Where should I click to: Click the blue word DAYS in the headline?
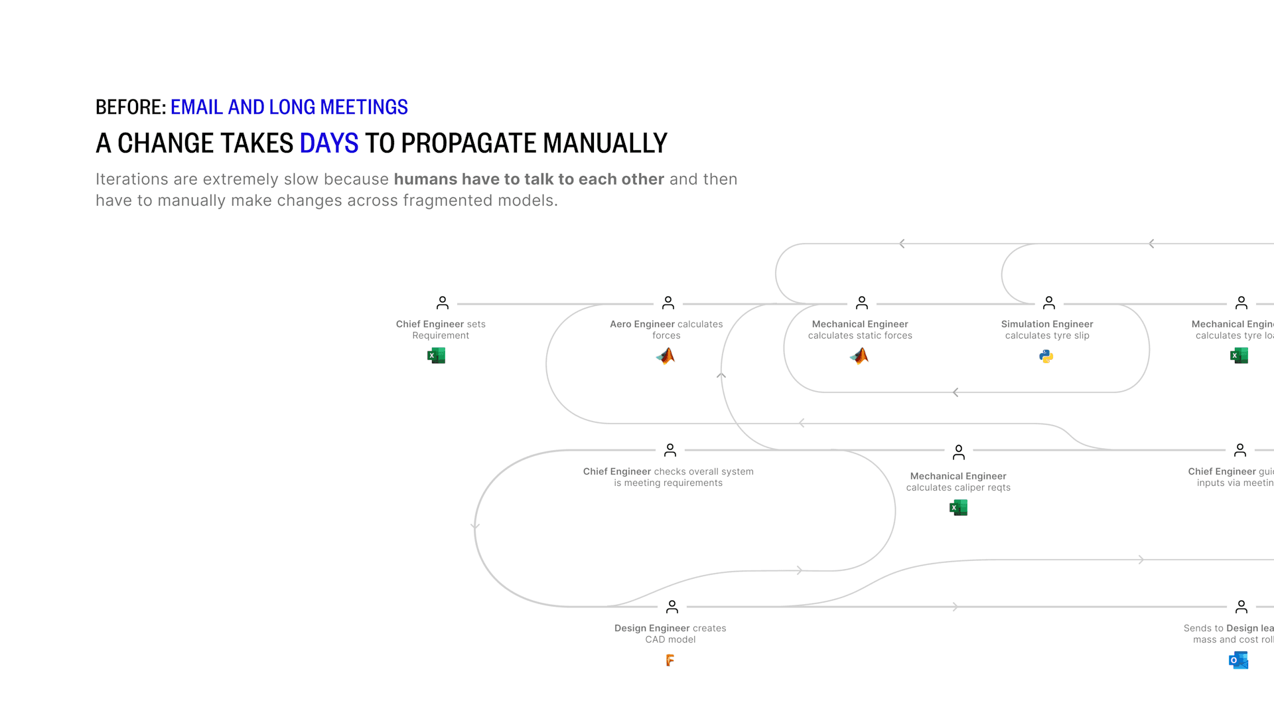[x=328, y=143]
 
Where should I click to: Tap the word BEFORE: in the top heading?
[x=131, y=107]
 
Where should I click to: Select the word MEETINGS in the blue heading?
[x=364, y=107]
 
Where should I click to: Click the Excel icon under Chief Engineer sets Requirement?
[x=436, y=356]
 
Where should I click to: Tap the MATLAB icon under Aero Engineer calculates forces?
[x=666, y=357]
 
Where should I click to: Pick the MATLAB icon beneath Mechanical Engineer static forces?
[x=859, y=357]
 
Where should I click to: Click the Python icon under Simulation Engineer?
[x=1046, y=357]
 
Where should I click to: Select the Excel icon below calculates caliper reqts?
[x=958, y=508]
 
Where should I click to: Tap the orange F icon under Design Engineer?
[x=670, y=660]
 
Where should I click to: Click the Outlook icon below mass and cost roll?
[x=1238, y=660]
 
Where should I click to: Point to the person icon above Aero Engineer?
[x=668, y=303]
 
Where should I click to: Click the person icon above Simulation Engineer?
[x=1049, y=303]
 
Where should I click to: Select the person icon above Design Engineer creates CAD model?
[x=672, y=607]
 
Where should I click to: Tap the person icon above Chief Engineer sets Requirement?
[x=443, y=303]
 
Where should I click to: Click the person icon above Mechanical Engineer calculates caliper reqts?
[x=959, y=452]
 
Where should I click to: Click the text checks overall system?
[x=703, y=471]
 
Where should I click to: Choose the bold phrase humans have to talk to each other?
[x=529, y=179]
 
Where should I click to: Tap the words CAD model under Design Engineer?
[x=670, y=639]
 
